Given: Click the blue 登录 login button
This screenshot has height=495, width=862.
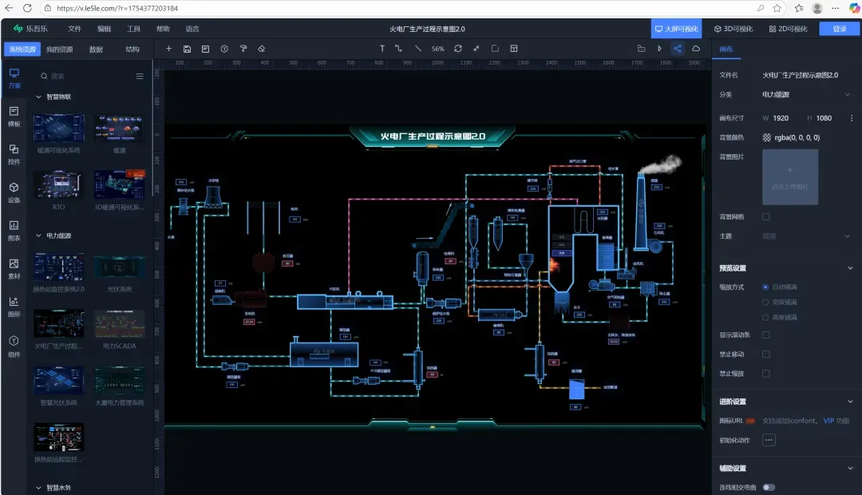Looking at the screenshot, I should click(x=840, y=29).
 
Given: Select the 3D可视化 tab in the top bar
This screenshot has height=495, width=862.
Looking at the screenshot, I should click(x=733, y=29).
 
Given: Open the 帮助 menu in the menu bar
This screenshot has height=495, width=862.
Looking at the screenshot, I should click(x=163, y=29).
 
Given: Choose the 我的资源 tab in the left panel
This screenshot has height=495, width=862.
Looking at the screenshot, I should click(x=59, y=49).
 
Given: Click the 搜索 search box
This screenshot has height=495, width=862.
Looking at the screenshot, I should click(x=88, y=77).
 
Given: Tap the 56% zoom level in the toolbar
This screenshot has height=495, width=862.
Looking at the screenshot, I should click(x=438, y=49).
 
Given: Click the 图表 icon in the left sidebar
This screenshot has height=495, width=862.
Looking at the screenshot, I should click(x=14, y=230).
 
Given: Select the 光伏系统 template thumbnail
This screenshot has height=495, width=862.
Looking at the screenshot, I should click(x=119, y=267).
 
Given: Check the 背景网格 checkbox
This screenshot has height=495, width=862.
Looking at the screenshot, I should click(x=766, y=217).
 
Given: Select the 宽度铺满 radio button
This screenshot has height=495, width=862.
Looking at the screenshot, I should click(x=766, y=302).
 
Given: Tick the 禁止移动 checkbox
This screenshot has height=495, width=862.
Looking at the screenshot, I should click(x=766, y=354).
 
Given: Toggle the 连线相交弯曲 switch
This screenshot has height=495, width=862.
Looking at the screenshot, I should click(x=769, y=487).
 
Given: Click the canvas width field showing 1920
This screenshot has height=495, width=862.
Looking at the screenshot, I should click(x=781, y=118).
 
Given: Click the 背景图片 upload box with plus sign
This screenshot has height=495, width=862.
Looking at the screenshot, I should click(x=789, y=176).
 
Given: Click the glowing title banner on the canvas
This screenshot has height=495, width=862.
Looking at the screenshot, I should click(x=432, y=137).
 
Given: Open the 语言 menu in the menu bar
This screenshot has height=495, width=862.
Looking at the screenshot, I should click(x=192, y=29).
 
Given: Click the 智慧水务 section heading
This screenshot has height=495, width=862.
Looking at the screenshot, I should click(x=58, y=487).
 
